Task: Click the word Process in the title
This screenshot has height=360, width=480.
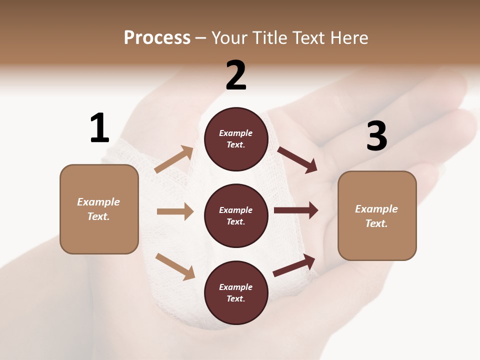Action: point(157,38)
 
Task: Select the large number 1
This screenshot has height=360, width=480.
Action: point(99,128)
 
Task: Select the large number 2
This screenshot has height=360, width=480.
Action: point(236,75)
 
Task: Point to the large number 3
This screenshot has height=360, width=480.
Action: point(376,136)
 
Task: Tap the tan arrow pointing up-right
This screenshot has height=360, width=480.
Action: point(174,159)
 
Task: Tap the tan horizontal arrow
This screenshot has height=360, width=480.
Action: point(175,211)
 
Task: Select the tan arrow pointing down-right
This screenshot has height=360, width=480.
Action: point(175,266)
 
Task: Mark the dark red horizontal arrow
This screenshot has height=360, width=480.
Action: point(296,210)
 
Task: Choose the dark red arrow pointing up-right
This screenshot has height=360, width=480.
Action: point(294,265)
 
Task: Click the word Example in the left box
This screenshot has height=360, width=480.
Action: point(98,202)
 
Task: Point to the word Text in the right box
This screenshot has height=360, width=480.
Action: point(376,223)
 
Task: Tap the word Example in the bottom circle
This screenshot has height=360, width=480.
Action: point(235,287)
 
